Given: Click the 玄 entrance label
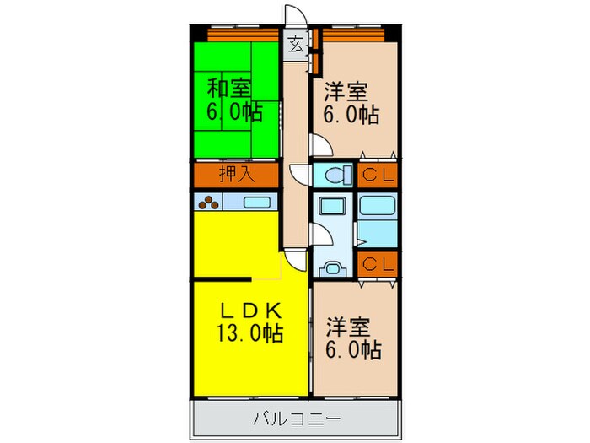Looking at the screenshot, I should [x=296, y=45].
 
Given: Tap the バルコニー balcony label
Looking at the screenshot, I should [x=296, y=417].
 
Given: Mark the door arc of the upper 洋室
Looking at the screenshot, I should [x=320, y=147].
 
